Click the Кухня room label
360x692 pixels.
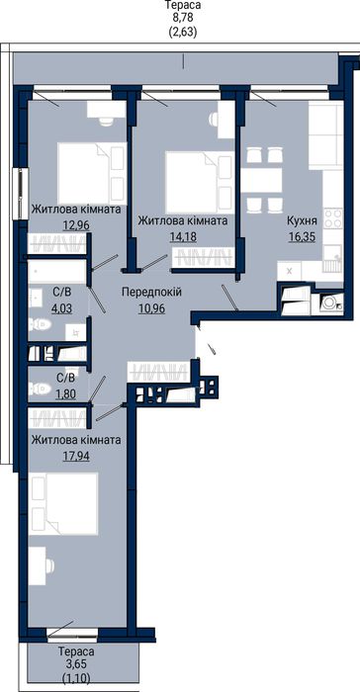coord(303,220)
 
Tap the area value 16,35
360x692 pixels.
coord(303,237)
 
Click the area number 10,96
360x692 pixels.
coord(151,308)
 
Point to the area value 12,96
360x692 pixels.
coord(77,225)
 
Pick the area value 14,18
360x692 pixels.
coord(183,236)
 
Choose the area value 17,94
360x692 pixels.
coord(76,456)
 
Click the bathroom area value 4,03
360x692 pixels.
coord(61,307)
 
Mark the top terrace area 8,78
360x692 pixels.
coord(183,18)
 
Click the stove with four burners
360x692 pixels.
coord(333,218)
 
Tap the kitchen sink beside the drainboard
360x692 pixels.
coord(333,255)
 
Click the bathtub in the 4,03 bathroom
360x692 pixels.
coord(56,272)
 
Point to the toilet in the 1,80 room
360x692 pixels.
coord(40,389)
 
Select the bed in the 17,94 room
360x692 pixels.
coord(63,504)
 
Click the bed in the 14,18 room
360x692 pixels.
coord(200,182)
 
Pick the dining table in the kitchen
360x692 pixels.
coord(262,180)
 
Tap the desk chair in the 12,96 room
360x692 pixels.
coord(106,123)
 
